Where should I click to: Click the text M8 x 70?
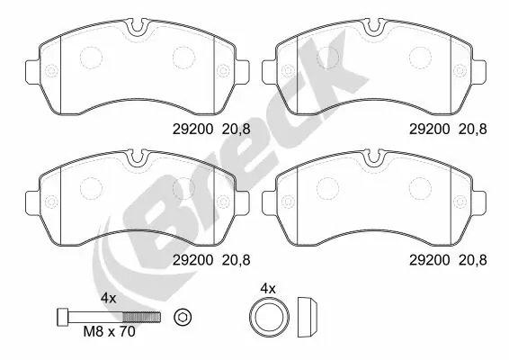[111, 330]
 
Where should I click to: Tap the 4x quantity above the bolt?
[109, 297]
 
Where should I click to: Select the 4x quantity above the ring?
[266, 289]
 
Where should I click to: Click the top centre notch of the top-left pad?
[136, 27]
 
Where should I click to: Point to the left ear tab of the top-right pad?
[267, 68]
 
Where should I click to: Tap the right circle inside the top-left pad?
[183, 58]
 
